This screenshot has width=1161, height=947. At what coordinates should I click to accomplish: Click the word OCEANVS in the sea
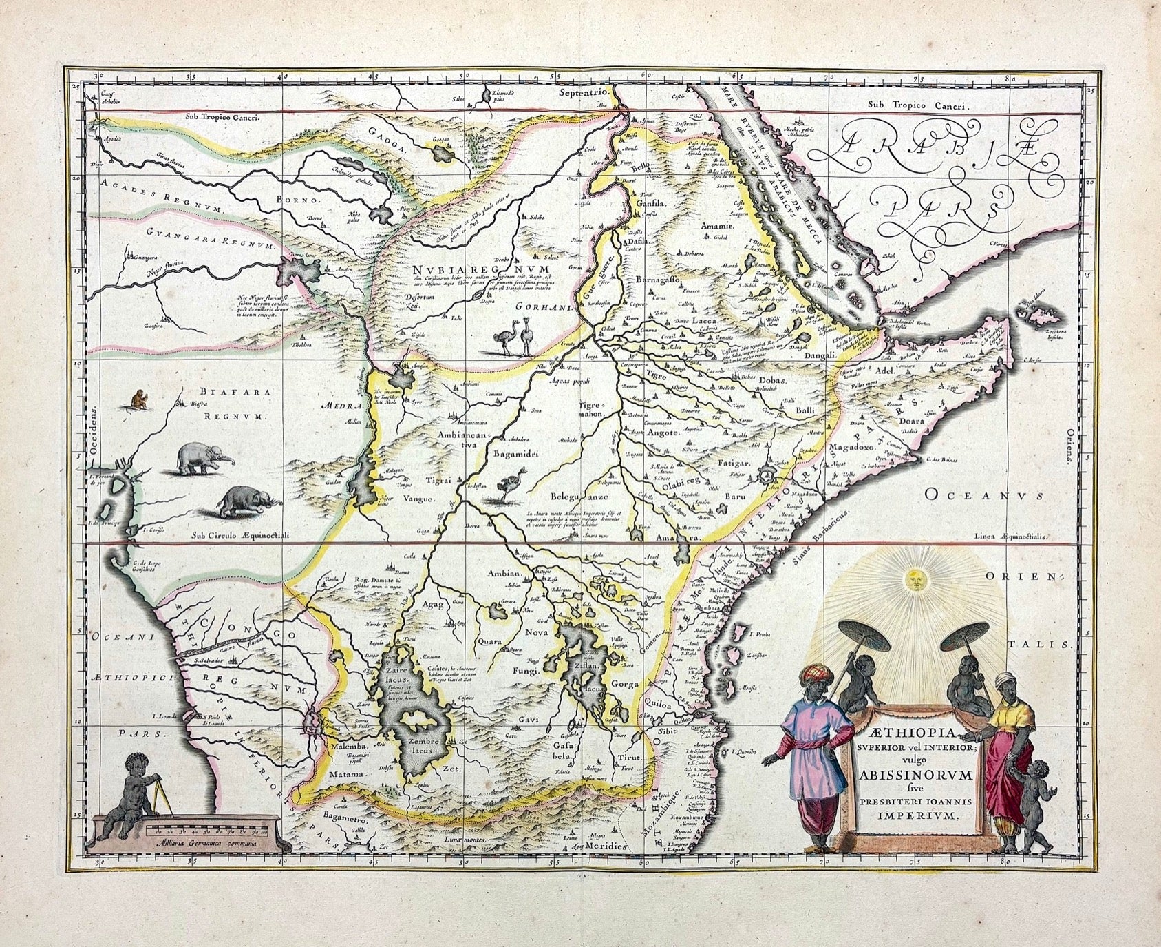[x=984, y=493]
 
